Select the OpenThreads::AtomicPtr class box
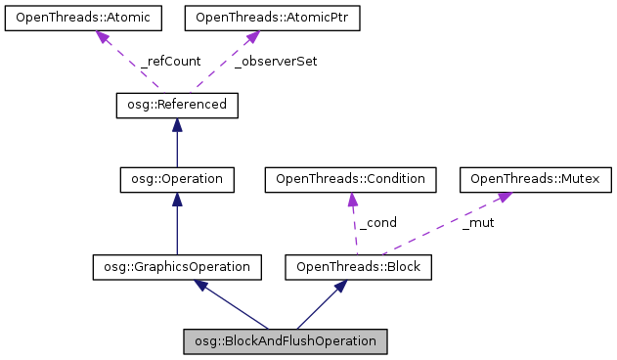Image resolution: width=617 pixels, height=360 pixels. click(x=251, y=17)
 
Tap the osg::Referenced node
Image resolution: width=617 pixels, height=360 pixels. click(x=176, y=104)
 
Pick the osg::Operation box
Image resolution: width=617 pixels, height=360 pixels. click(x=176, y=179)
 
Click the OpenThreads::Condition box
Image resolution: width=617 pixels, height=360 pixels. click(x=350, y=179)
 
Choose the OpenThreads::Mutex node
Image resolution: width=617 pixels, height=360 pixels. click(x=537, y=179)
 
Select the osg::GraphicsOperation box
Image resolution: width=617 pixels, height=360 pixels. click(x=176, y=265)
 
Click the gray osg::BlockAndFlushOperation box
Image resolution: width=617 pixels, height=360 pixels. click(x=286, y=340)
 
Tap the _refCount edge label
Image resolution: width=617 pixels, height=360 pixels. click(x=171, y=61)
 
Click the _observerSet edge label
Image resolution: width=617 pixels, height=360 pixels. click(x=276, y=61)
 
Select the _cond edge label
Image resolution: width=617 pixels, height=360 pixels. click(x=377, y=222)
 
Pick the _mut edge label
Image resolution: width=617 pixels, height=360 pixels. click(x=478, y=222)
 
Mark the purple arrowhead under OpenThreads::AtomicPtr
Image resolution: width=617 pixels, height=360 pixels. click(x=250, y=36)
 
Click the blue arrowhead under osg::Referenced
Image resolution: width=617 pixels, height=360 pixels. click(x=176, y=124)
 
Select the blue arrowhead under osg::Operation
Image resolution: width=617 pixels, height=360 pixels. click(x=176, y=199)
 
